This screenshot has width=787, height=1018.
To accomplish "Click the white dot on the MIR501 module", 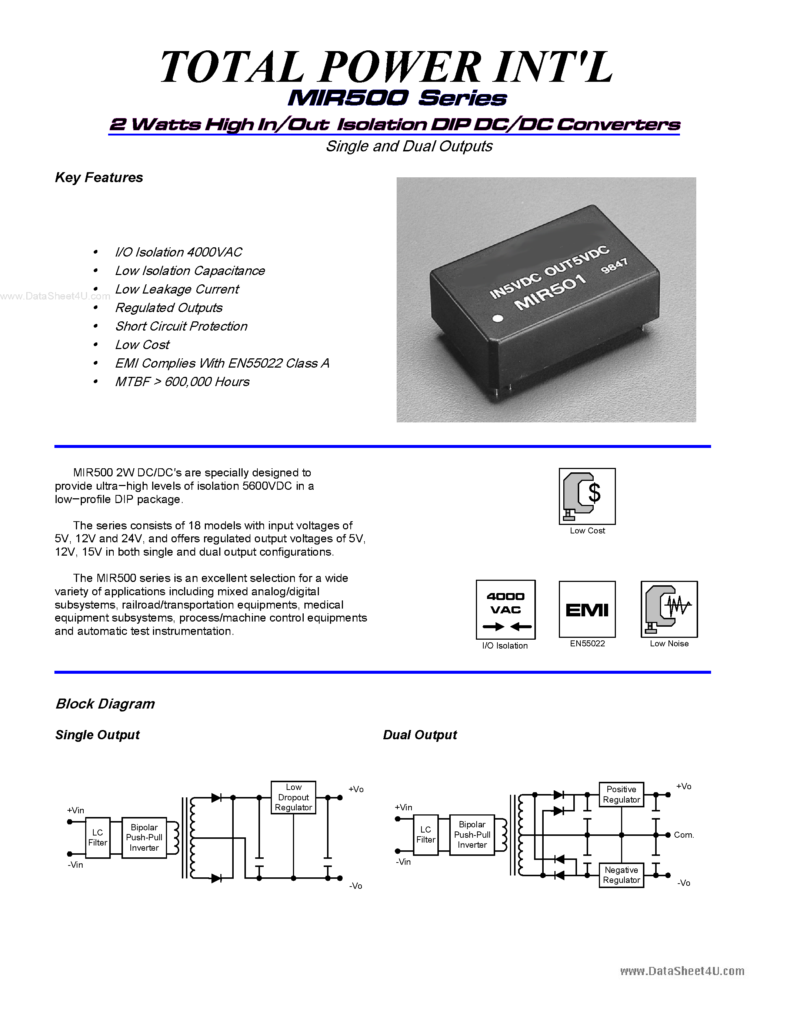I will pyautogui.click(x=498, y=319).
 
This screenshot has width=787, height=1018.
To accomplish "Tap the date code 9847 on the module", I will pyautogui.click(x=614, y=266).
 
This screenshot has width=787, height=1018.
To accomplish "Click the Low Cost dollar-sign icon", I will pyautogui.click(x=587, y=496).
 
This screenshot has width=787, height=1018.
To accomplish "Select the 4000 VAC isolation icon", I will pyautogui.click(x=506, y=609).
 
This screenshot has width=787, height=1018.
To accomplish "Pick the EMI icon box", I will pyautogui.click(x=587, y=609).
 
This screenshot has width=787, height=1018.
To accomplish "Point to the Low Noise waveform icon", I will pyautogui.click(x=669, y=609).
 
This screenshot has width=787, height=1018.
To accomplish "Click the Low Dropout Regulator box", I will pyautogui.click(x=293, y=797).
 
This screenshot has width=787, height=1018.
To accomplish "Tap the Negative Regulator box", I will pyautogui.click(x=621, y=875).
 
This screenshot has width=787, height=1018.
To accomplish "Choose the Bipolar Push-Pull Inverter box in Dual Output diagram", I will pyautogui.click(x=472, y=835).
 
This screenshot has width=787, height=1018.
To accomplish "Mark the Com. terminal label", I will pyautogui.click(x=684, y=835).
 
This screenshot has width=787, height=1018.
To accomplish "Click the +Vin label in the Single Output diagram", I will pyautogui.click(x=76, y=810).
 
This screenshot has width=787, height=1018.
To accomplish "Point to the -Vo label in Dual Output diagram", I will pyautogui.click(x=684, y=883).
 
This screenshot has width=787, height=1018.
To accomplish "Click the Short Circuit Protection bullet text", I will pyautogui.click(x=181, y=326).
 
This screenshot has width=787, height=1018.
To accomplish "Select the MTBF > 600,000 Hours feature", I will pyautogui.click(x=182, y=382).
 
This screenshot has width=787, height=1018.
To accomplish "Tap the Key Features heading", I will pyautogui.click(x=99, y=178).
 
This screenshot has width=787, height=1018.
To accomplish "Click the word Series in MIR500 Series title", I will pyautogui.click(x=462, y=98).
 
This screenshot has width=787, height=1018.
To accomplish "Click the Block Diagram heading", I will pyautogui.click(x=106, y=704).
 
